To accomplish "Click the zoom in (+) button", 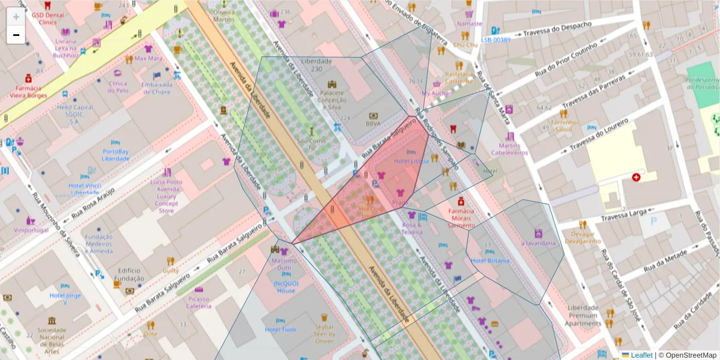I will pos(16,17).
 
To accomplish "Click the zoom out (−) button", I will pos(16,35).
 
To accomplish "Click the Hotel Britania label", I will pos(490,261).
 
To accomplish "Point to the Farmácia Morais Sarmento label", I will pos(461,218).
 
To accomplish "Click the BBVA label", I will pos(373,124).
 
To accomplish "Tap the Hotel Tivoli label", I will pos(281,329).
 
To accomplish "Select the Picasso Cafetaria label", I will pos(199,302).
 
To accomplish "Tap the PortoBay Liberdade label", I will pos(116,155).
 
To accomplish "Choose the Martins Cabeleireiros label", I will pos(509,149).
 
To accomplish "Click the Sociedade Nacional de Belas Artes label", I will pos(52,337).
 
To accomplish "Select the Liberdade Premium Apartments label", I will pos(583,316).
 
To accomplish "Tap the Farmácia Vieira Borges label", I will pos(28,91).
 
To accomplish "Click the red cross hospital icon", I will pos(635,178).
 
